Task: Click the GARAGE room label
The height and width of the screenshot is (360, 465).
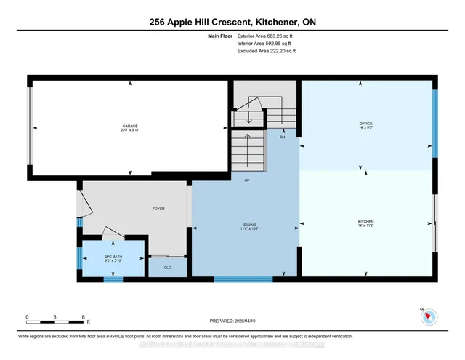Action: (130, 126)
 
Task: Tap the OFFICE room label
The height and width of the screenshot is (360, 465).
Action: (365, 124)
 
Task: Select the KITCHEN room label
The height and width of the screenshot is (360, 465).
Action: (365, 221)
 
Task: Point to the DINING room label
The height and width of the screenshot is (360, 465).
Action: (250, 226)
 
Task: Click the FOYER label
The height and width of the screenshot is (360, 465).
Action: (158, 209)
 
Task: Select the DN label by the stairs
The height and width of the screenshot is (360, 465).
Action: (282, 136)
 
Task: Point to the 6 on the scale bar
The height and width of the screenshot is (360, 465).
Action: (84, 317)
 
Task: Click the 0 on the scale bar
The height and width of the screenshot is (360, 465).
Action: (27, 317)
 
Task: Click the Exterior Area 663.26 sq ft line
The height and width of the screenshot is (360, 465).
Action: (267, 35)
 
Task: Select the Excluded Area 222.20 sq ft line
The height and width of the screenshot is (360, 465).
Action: (267, 51)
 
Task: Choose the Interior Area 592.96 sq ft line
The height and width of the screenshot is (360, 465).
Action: (267, 43)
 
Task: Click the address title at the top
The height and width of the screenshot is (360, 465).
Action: (232, 23)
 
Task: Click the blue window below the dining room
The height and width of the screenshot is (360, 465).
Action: (243, 279)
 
